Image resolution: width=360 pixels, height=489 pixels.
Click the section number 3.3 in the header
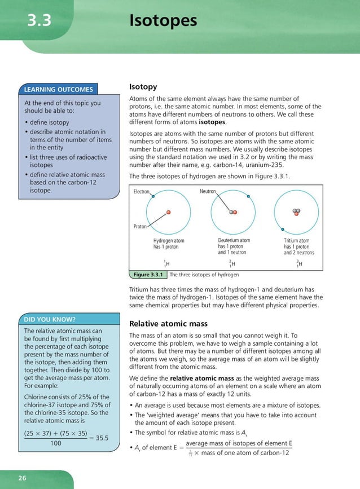click(x=39, y=21)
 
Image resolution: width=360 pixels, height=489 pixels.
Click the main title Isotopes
click(x=163, y=21)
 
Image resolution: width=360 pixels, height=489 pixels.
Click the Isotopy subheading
click(x=143, y=87)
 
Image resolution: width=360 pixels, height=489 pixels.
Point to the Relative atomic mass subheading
click(x=168, y=324)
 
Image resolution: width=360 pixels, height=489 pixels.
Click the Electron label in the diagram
click(x=141, y=192)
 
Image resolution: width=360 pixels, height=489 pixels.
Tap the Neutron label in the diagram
click(x=208, y=192)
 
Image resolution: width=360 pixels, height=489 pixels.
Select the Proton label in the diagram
click(x=140, y=226)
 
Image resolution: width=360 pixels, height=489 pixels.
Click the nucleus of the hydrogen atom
click(x=168, y=212)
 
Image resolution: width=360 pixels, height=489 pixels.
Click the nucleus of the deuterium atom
click(x=232, y=212)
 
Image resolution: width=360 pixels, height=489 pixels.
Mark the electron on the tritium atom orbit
click(x=283, y=229)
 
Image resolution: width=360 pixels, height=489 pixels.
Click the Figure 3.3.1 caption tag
click(x=148, y=275)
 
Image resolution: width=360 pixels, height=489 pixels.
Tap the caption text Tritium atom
click(x=297, y=241)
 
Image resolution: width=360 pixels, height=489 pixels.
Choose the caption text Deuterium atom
click(x=234, y=241)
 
